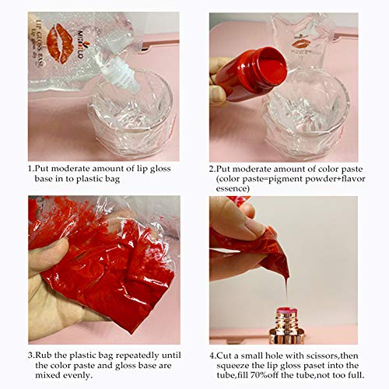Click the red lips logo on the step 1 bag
click(62, 44)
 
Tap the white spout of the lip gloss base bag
click(128, 74)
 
